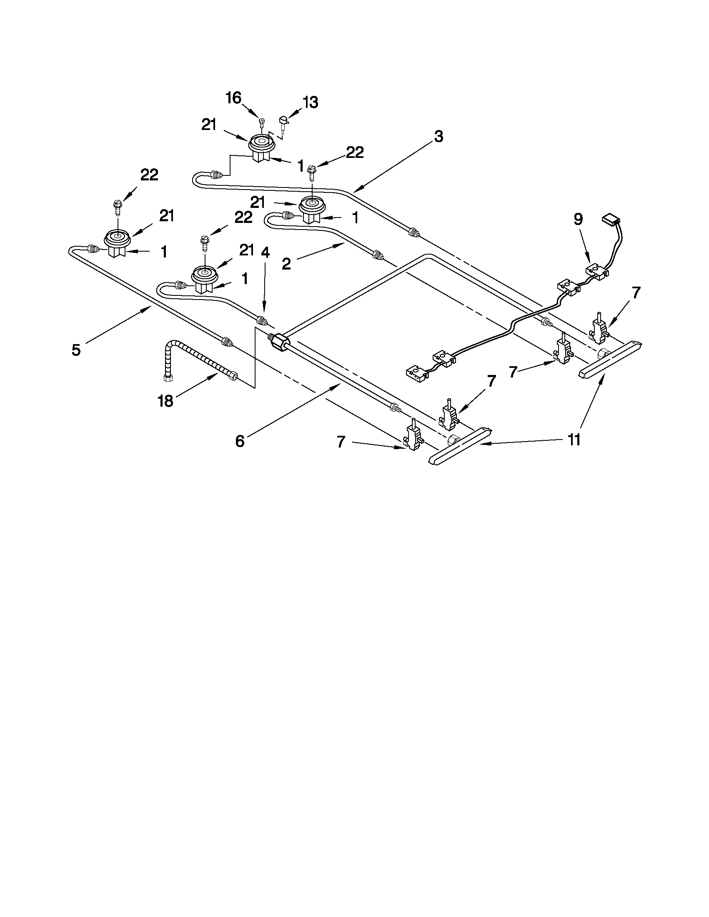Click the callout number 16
click(x=233, y=98)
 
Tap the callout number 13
click(x=311, y=102)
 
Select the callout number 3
click(x=438, y=137)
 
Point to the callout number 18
click(x=165, y=401)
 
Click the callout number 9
click(x=579, y=220)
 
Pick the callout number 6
click(x=240, y=441)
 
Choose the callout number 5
click(x=76, y=350)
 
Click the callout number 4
click(x=265, y=252)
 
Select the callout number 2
click(x=286, y=264)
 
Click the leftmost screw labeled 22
click(x=117, y=206)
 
